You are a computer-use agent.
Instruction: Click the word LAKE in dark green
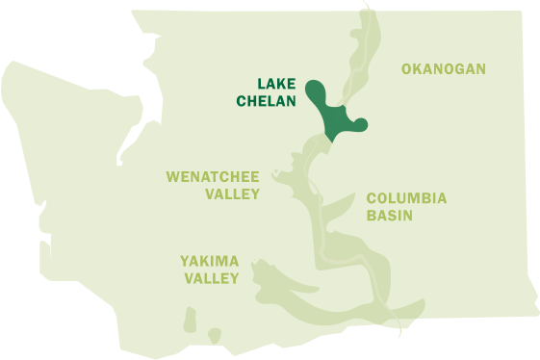[276, 84]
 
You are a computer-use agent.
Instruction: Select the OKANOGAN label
[443, 68]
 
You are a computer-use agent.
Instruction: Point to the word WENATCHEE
[213, 177]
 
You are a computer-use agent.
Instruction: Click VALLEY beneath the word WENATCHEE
[233, 193]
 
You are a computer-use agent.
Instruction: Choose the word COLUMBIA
[406, 198]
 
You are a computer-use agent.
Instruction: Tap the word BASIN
[389, 216]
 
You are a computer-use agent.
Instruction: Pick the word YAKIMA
[209, 261]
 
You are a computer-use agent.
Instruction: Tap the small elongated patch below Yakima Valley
[190, 318]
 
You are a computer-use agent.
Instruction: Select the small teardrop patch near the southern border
[214, 335]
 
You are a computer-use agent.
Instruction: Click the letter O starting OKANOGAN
[406, 68]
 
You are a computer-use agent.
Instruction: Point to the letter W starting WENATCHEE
[172, 177]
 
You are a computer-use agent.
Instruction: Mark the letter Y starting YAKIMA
[185, 261]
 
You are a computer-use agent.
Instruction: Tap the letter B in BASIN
[372, 216]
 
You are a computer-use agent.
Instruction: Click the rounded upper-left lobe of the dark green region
[316, 91]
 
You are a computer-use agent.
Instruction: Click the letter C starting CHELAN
[244, 100]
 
